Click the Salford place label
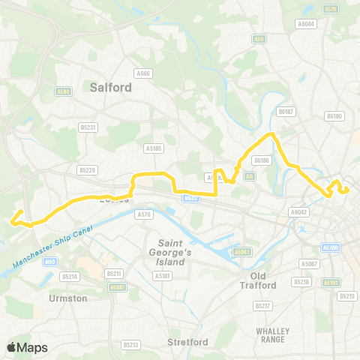tap(110, 87)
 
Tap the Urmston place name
tap(67, 298)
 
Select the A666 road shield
tap(142, 73)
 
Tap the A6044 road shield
tap(307, 23)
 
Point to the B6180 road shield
tap(334, 116)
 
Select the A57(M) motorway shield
tap(331, 247)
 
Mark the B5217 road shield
tap(262, 305)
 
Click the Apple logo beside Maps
tap(12, 347)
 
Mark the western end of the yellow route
tap(13, 220)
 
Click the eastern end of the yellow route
tap(348, 190)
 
